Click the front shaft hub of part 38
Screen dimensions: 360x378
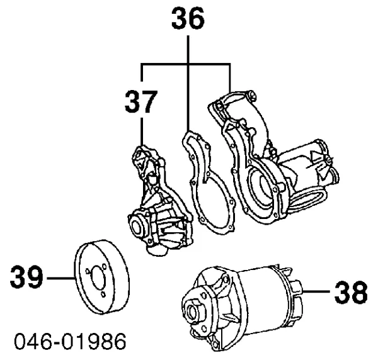190,310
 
